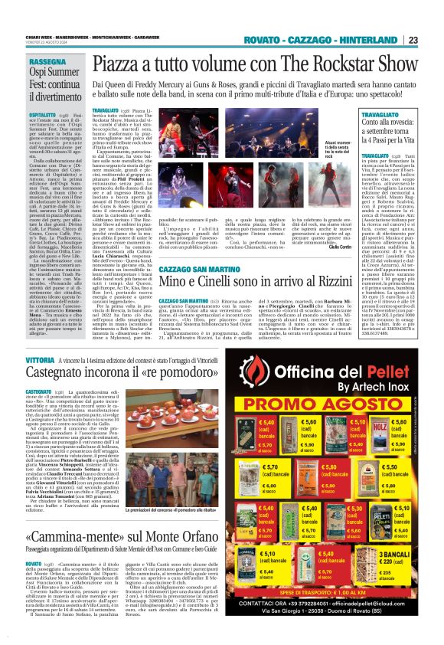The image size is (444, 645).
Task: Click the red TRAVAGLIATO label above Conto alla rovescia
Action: [x=339, y=113]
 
